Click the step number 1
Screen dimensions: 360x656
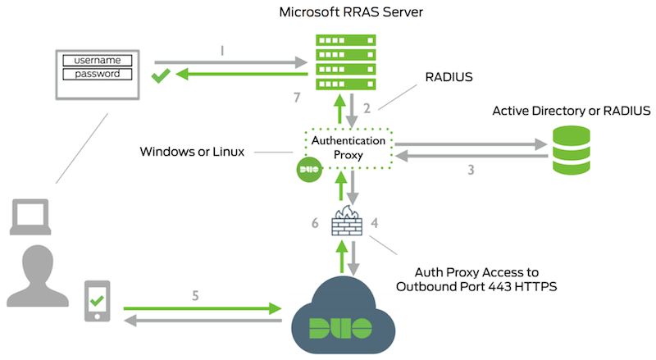(x=223, y=51)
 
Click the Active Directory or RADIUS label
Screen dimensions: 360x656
(x=571, y=111)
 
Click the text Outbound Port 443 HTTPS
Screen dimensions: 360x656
(x=467, y=286)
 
